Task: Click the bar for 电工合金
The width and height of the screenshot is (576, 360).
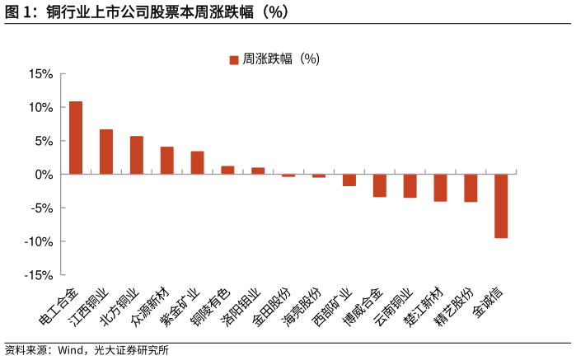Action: [76, 138]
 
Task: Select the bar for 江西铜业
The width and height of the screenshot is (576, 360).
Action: [106, 152]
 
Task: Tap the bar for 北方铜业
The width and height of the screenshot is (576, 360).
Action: [137, 155]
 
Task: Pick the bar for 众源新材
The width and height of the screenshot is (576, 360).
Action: [167, 161]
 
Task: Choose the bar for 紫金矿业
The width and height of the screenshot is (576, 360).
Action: [197, 162]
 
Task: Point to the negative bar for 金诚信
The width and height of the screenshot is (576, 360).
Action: [501, 206]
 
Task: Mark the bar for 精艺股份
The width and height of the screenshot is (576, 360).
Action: [471, 188]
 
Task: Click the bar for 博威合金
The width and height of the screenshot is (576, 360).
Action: [380, 185]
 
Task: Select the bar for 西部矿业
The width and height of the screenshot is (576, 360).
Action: [349, 180]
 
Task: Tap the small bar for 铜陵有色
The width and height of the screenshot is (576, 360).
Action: [227, 170]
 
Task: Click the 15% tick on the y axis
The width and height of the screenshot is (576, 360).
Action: [40, 74]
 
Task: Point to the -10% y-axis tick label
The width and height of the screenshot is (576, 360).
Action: [39, 241]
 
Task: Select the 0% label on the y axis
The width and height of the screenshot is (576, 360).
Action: [44, 175]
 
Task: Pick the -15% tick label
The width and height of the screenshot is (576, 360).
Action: [39, 275]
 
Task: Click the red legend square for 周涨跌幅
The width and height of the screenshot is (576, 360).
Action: [233, 59]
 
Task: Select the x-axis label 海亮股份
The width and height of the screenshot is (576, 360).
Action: [302, 306]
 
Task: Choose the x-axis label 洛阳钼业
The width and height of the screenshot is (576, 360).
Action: [241, 306]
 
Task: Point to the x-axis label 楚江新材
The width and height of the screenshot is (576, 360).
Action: [424, 306]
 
